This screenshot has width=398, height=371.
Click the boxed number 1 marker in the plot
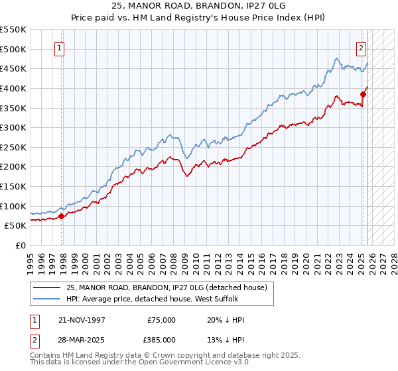(60, 48)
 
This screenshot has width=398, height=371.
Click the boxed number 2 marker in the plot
(361, 48)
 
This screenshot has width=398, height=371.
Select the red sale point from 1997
(61, 215)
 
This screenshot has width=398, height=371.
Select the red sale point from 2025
(364, 94)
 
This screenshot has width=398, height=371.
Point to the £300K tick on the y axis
(13, 127)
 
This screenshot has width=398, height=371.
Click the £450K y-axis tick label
(13, 68)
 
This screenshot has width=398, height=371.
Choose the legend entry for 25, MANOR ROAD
(166, 288)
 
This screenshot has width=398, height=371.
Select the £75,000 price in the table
(161, 319)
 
